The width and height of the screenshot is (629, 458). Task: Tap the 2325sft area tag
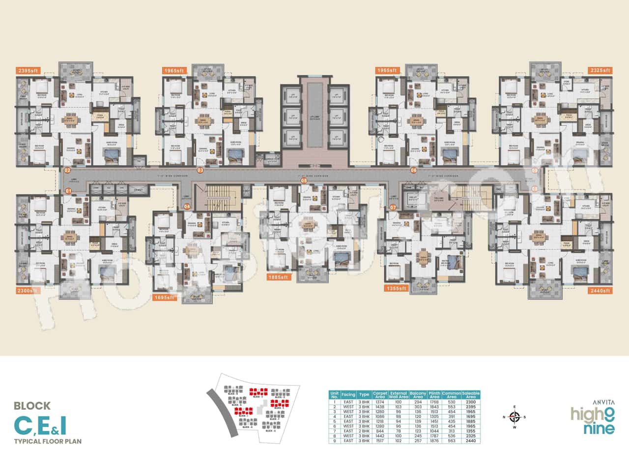click(600, 70)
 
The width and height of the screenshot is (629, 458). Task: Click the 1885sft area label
click(279, 277)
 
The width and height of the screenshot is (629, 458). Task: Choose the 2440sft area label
click(600, 291)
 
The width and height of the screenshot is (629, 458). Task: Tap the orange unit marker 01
click(68, 190)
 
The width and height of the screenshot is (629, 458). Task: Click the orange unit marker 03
click(200, 170)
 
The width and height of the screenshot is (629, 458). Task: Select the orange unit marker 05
click(304, 181)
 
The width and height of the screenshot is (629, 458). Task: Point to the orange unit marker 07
click(393, 207)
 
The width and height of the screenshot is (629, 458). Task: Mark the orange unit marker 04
click(187, 207)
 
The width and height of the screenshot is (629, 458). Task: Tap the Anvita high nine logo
click(593, 419)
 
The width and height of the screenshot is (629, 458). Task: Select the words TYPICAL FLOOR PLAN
click(48, 441)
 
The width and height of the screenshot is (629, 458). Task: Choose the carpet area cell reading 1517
click(379, 441)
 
